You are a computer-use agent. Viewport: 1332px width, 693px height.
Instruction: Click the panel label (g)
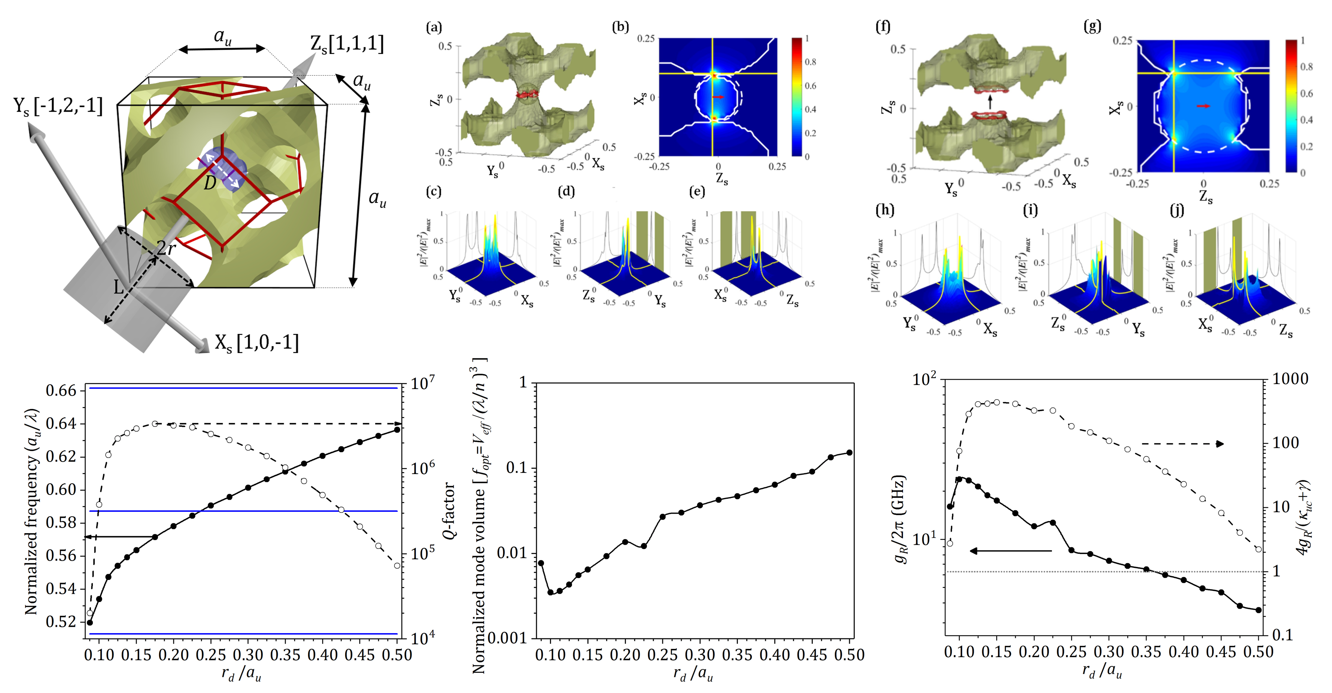pyautogui.click(x=1092, y=26)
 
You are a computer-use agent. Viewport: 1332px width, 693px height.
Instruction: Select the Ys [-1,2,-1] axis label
pyautogui.click(x=58, y=106)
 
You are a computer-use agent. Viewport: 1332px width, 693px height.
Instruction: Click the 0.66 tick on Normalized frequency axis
pyautogui.click(x=61, y=390)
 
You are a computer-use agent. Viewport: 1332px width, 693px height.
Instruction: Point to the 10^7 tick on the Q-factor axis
pyautogui.click(x=422, y=384)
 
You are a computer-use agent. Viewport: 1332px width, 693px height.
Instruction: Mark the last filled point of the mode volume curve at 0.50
pyautogui.click(x=849, y=453)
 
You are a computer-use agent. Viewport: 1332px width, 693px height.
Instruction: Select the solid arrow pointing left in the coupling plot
pyautogui.click(x=1010, y=551)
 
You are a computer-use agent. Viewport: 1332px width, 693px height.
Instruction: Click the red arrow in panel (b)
pyautogui.click(x=718, y=97)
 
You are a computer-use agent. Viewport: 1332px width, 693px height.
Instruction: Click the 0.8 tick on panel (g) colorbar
pyautogui.click(x=1306, y=67)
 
